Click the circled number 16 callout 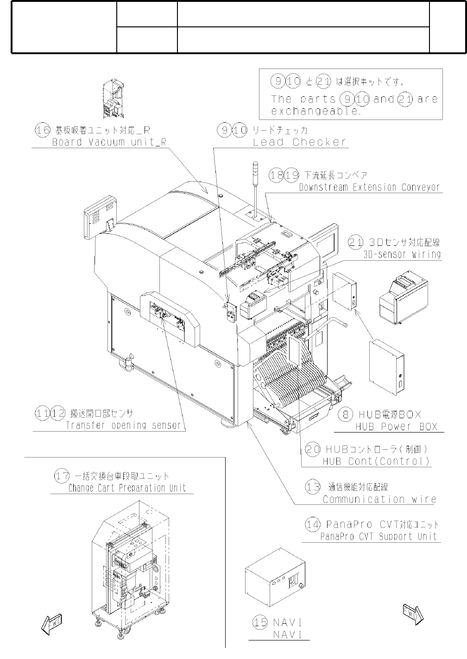tap(43, 130)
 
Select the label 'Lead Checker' tap(300, 142)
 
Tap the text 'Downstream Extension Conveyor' tap(369, 188)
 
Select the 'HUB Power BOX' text tap(396, 427)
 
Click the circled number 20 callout tap(313, 449)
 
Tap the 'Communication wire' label tap(379, 499)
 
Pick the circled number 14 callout tap(313, 525)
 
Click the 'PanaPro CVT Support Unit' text tap(379, 537)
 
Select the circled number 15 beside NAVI tap(260, 622)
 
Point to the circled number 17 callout tap(62, 476)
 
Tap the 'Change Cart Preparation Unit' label tap(127, 488)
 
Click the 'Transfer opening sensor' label tap(123, 426)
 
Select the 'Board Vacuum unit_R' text tap(109, 142)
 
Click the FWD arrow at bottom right tap(413, 615)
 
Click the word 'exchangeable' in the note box tap(316, 111)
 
